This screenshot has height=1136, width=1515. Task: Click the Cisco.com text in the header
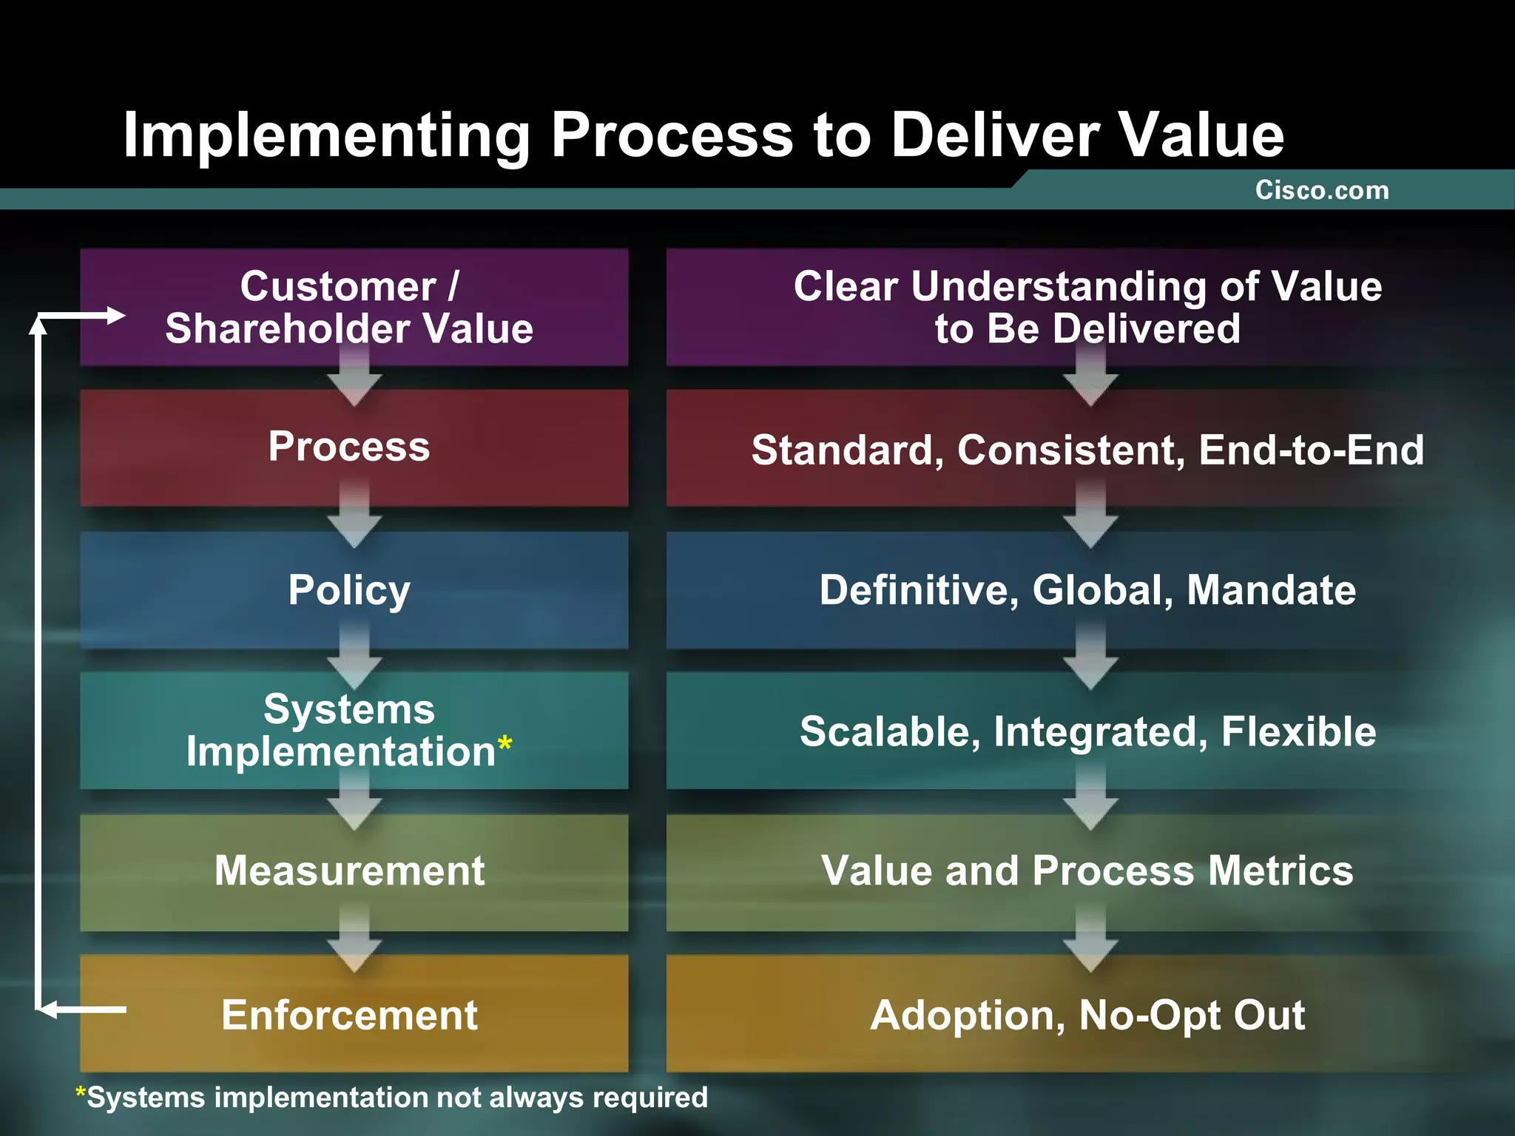pyautogui.click(x=1321, y=191)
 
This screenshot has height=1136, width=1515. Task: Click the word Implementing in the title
pyautogui.click(x=326, y=135)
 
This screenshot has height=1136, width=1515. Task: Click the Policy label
pyautogui.click(x=349, y=590)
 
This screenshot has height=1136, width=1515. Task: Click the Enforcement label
pyautogui.click(x=349, y=1015)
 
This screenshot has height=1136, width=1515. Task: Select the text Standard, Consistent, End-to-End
pyautogui.click(x=1087, y=450)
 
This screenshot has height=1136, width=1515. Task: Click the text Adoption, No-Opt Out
pyautogui.click(x=1087, y=1015)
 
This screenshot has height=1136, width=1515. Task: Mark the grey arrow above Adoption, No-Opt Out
pyautogui.click(x=1090, y=943)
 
